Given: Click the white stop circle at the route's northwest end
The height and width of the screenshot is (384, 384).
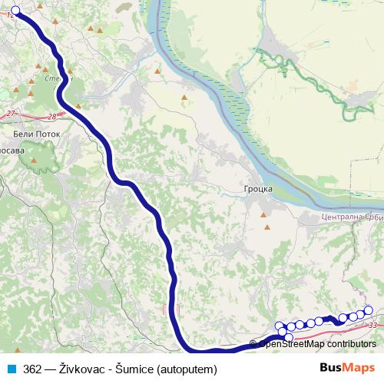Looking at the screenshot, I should [15, 11].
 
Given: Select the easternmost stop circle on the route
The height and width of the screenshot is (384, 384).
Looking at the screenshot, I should [368, 310].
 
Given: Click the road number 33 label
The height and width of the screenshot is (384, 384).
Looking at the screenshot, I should [372, 326].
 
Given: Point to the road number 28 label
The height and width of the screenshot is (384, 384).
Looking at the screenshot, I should [51, 117].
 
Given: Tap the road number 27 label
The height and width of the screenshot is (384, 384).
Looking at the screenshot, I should [10, 113].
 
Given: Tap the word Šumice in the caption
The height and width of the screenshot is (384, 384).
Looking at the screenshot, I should [135, 369].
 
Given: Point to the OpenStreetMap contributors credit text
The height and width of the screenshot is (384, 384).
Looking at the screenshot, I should [316, 344].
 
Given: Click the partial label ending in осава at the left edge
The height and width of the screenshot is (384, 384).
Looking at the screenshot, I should [12, 151].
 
